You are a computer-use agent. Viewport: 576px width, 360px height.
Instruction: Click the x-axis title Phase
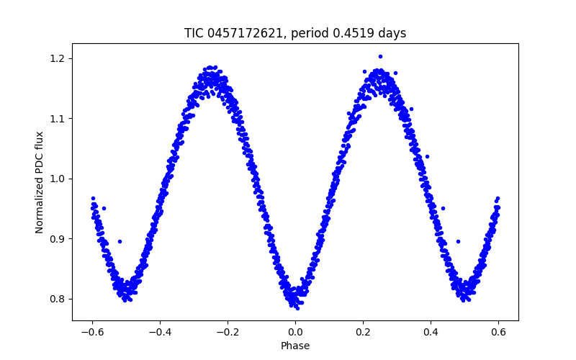tap(295, 346)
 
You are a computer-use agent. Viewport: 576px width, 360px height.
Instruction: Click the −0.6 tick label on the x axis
tap(92, 332)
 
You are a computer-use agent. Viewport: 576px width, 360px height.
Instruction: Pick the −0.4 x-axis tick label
tap(160, 332)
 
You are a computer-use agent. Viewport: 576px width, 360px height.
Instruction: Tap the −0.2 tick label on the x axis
tap(228, 332)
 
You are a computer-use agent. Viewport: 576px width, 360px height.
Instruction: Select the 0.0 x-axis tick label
tap(295, 332)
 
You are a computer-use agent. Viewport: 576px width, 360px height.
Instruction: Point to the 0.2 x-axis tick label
tap(363, 332)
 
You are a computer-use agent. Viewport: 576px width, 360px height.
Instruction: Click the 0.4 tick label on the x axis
tap(431, 332)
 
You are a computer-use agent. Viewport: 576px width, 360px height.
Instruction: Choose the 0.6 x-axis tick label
tap(498, 332)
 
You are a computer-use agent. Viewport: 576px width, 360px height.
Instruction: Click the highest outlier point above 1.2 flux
tap(380, 56)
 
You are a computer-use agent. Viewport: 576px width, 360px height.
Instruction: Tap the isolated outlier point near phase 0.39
tap(427, 156)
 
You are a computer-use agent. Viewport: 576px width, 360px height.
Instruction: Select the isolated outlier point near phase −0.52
tap(120, 241)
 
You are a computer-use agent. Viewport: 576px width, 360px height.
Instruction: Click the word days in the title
tap(392, 33)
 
